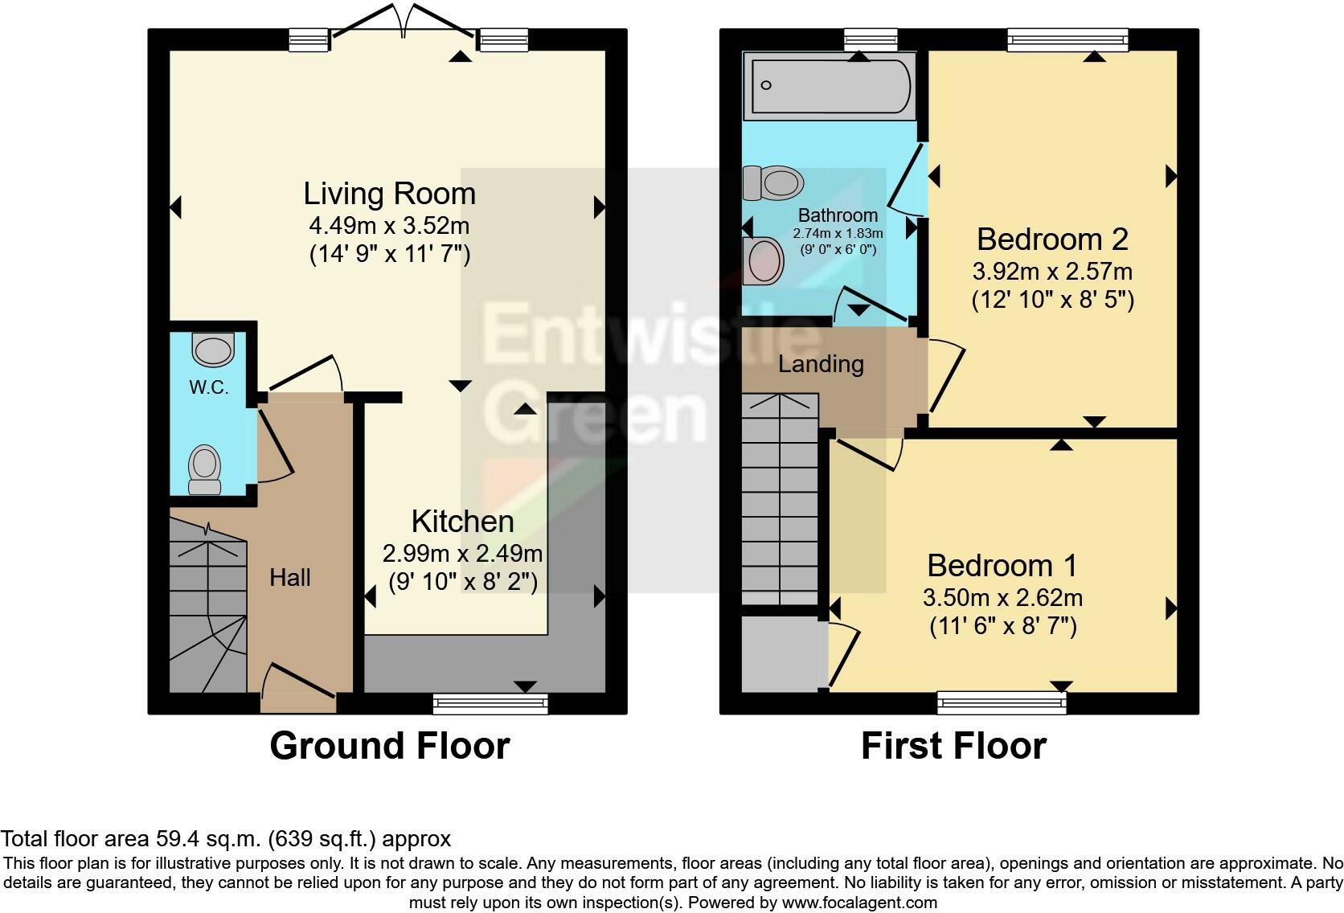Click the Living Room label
(389, 194)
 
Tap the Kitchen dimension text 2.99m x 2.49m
(462, 554)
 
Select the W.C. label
(208, 387)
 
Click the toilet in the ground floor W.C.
(204, 469)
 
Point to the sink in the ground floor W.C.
(213, 350)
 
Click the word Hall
(289, 577)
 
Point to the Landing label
(821, 364)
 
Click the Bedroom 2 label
(1052, 239)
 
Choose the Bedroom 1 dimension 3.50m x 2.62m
(1002, 598)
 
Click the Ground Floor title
(389, 746)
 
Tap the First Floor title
(953, 746)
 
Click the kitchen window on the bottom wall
(490, 704)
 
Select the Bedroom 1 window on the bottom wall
(1002, 704)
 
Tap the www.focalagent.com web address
(858, 903)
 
